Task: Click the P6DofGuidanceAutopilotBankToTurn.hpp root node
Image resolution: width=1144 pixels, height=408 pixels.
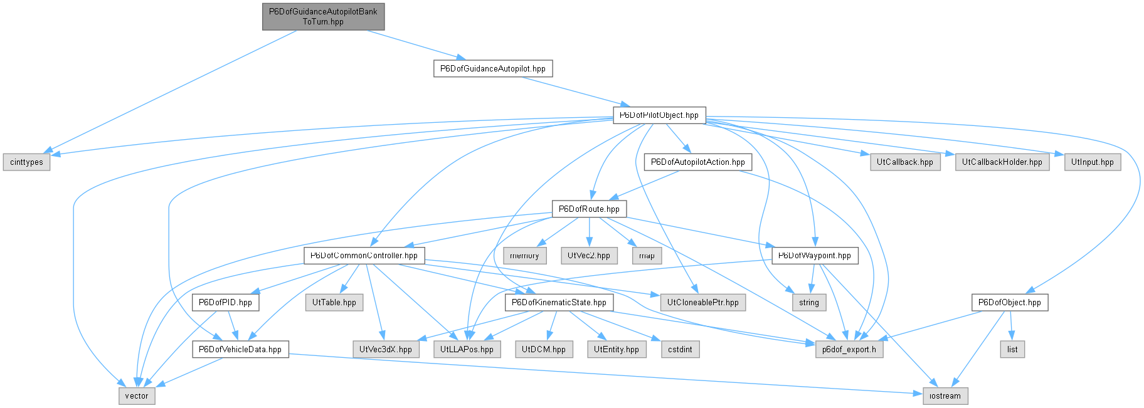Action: tap(323, 16)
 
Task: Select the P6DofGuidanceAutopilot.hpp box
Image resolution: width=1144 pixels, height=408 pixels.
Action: tap(493, 68)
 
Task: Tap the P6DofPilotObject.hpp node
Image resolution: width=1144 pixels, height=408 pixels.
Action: tap(659, 115)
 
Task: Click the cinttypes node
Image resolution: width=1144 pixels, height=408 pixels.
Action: tap(27, 162)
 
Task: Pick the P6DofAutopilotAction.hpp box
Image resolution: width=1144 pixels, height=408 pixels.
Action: tap(698, 162)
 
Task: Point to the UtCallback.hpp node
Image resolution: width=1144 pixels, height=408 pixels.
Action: tap(905, 162)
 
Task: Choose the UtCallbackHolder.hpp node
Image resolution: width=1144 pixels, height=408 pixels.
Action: tap(1002, 162)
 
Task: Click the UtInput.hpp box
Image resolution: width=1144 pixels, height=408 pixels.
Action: tap(1093, 162)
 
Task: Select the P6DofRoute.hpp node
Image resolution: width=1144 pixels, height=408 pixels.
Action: tap(589, 209)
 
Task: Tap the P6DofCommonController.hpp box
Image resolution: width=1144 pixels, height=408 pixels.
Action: tap(364, 256)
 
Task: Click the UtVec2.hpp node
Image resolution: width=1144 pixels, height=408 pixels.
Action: tap(589, 256)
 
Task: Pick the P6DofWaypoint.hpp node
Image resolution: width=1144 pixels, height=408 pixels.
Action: tap(815, 256)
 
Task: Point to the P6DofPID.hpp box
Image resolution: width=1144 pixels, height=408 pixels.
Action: tap(225, 303)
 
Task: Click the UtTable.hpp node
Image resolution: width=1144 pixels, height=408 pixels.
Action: tap(334, 303)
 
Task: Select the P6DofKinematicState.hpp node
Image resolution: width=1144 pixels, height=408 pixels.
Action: tap(559, 303)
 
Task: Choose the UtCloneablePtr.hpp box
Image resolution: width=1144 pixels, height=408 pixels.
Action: tap(703, 303)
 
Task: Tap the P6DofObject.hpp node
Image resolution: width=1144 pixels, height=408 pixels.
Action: tap(1010, 303)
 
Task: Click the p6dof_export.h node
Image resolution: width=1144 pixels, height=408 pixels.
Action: tap(850, 350)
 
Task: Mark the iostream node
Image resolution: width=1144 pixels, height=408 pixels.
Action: tap(945, 396)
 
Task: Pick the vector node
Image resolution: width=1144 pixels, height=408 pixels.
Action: tap(137, 396)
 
